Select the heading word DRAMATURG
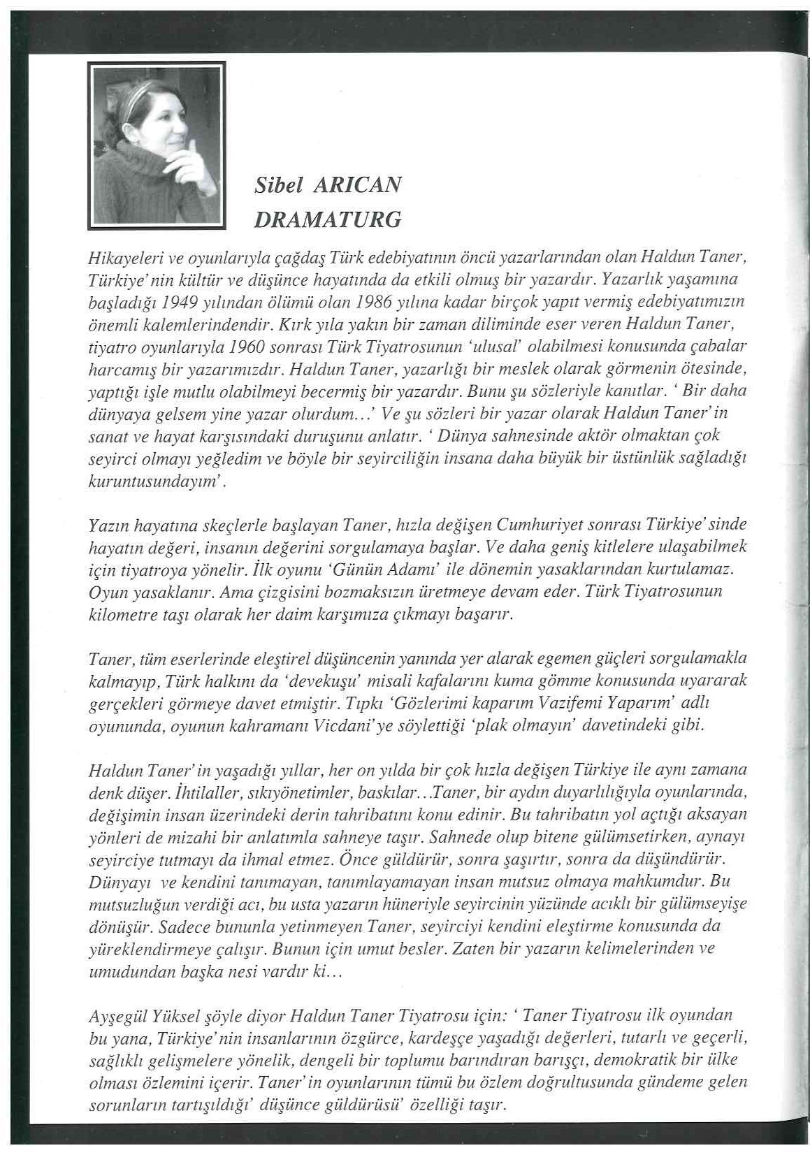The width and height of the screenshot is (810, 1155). (327, 219)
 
